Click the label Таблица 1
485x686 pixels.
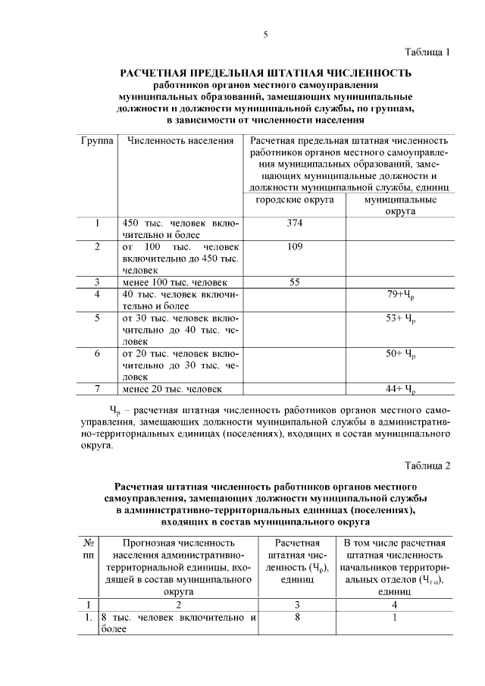click(x=426, y=52)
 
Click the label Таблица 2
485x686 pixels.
click(x=426, y=465)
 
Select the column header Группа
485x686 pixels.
click(x=97, y=141)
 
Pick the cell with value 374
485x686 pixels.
click(x=295, y=224)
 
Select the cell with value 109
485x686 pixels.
click(x=295, y=247)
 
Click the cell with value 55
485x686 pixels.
click(x=295, y=282)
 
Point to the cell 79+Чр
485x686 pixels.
click(x=401, y=294)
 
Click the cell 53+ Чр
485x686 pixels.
click(x=401, y=318)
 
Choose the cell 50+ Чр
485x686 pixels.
click(x=401, y=354)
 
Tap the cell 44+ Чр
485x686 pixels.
click(x=401, y=390)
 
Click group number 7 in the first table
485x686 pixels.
click(x=97, y=389)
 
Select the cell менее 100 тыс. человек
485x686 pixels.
click(x=174, y=282)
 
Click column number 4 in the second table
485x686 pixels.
click(x=394, y=604)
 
